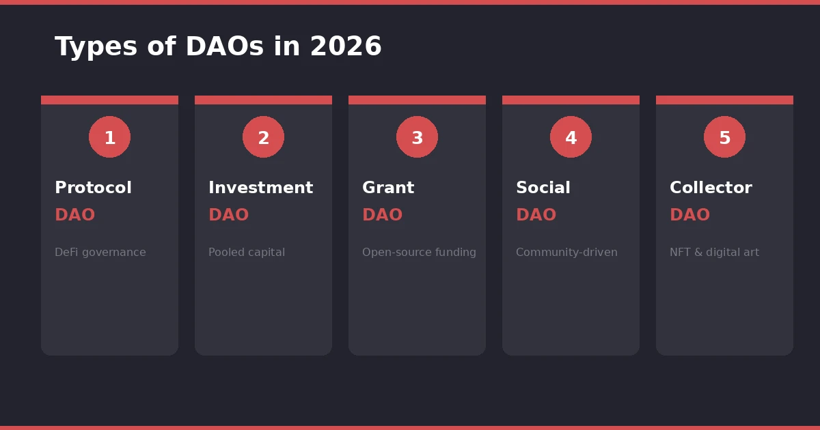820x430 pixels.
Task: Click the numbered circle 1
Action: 109,137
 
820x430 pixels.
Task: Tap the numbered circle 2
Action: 263,137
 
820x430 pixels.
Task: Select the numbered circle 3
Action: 417,137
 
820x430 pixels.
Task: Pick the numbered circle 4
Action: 571,137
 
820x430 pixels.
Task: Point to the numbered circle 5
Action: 724,137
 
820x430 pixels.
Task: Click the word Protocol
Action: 93,188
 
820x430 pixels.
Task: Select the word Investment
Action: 260,188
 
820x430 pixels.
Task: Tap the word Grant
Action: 387,188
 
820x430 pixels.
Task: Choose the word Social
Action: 543,188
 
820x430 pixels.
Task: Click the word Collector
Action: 711,188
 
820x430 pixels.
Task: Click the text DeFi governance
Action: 100,253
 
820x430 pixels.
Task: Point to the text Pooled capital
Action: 246,253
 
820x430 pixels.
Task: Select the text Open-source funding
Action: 419,253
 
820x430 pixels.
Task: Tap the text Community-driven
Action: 566,253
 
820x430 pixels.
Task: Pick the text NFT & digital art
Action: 714,253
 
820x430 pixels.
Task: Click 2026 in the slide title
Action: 346,47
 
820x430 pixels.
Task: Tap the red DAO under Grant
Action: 382,216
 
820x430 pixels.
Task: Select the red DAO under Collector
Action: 689,216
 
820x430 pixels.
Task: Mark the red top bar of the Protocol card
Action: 109,100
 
